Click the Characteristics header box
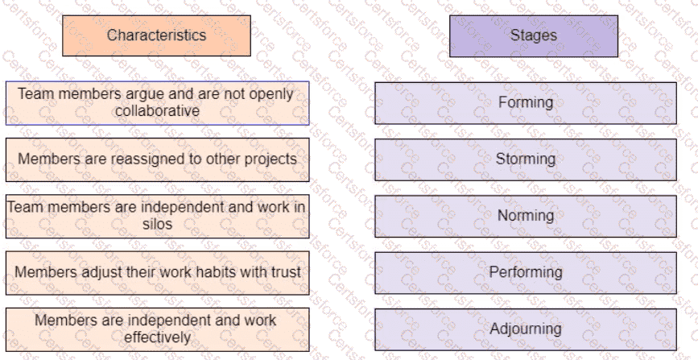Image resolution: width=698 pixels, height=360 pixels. [x=156, y=35]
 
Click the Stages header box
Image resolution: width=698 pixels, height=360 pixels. [x=533, y=35]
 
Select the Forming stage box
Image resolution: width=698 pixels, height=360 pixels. [x=525, y=102]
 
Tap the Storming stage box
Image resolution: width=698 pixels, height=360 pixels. [x=525, y=159]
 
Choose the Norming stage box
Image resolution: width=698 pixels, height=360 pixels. [x=525, y=216]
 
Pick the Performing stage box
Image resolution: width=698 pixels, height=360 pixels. [x=525, y=272]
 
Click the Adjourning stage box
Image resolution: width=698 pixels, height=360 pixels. [x=525, y=329]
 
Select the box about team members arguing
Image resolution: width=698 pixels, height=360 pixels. [x=157, y=102]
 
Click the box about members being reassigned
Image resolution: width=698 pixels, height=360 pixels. [x=157, y=159]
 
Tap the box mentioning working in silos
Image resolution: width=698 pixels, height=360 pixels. [x=157, y=216]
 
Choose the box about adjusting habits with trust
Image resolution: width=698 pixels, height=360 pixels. [x=157, y=272]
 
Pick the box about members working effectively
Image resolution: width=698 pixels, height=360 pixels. [x=157, y=329]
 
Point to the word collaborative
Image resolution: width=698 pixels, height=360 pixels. [x=157, y=110]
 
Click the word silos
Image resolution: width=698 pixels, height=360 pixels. [x=157, y=225]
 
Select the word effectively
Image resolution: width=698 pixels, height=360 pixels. [x=157, y=337]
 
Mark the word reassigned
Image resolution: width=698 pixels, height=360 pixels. [x=138, y=159]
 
